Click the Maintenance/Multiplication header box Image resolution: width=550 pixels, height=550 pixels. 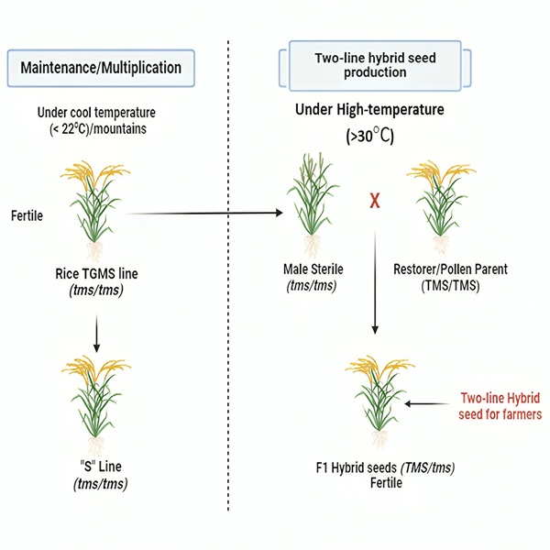(108, 67)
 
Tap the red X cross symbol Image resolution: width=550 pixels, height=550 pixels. (374, 200)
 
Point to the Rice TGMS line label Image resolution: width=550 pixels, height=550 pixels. (96, 272)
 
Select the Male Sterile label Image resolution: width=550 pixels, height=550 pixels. (313, 270)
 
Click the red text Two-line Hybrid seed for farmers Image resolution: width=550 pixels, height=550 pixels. (500, 406)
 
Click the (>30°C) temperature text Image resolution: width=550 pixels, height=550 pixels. (368, 137)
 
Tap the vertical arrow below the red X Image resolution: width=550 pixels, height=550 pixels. (374, 284)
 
